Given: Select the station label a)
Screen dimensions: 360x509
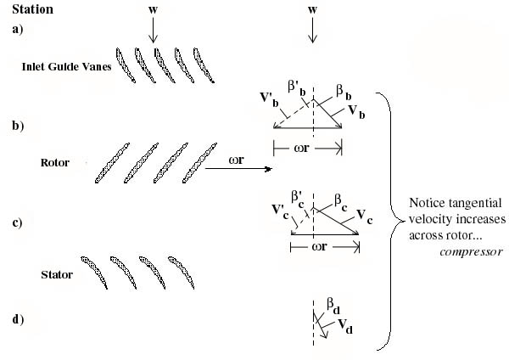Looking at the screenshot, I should coord(17,28).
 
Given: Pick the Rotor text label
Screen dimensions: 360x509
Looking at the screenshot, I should coord(54,161).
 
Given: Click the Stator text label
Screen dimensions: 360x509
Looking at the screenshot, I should coord(57,274).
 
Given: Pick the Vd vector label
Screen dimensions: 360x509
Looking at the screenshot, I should coord(346,324).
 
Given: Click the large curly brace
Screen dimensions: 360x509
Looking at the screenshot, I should coord(393,220).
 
